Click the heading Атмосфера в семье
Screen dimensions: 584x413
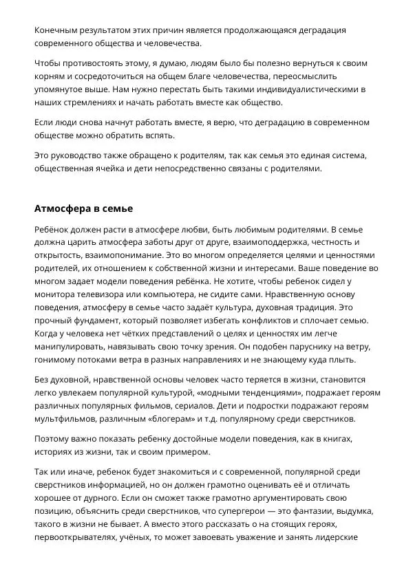coord(83,208)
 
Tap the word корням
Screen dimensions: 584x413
coord(51,77)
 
